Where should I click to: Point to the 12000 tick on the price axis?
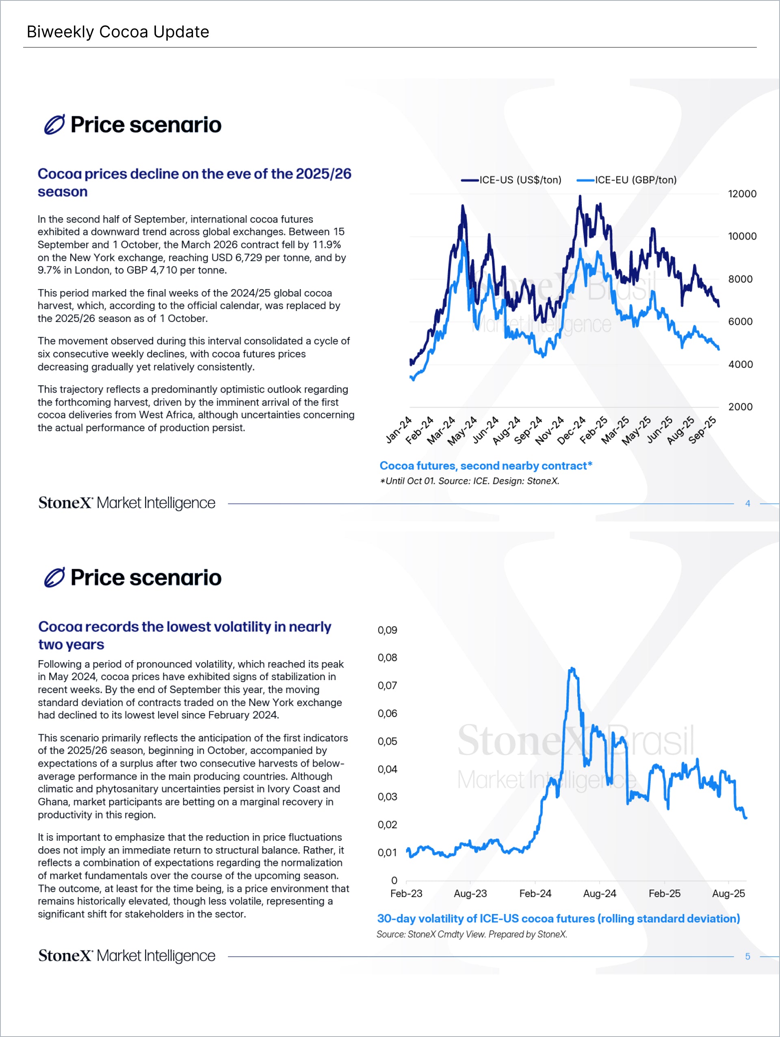point(742,194)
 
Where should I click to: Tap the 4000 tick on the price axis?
point(740,364)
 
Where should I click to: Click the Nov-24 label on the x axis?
point(550,430)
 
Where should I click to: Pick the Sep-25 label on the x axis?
point(703,430)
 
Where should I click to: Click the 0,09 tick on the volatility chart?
point(388,630)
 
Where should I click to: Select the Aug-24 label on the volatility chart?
point(600,894)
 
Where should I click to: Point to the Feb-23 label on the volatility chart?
point(406,894)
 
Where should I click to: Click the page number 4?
point(747,503)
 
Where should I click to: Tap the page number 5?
point(747,956)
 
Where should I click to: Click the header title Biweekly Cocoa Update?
point(118,32)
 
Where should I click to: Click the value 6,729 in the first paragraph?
point(249,258)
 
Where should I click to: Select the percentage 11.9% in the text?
point(327,245)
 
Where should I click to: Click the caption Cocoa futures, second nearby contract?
point(486,466)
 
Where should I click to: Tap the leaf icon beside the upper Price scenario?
point(54,125)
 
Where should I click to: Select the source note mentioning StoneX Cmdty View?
point(472,934)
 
